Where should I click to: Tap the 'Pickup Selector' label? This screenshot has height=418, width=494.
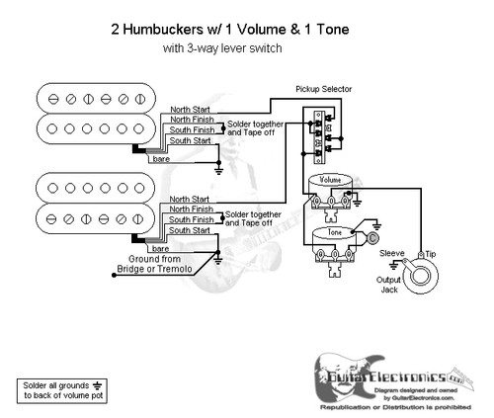[x=324, y=90]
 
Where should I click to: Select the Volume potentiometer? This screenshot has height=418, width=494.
[x=330, y=188]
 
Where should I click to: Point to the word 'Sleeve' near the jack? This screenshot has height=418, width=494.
[x=391, y=253]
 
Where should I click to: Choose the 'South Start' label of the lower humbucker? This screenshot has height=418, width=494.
[x=187, y=229]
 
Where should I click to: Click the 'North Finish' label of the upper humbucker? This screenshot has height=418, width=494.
[x=189, y=119]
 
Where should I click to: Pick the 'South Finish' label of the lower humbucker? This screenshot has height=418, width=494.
[x=189, y=218]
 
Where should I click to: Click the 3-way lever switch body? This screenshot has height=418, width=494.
[x=319, y=132]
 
